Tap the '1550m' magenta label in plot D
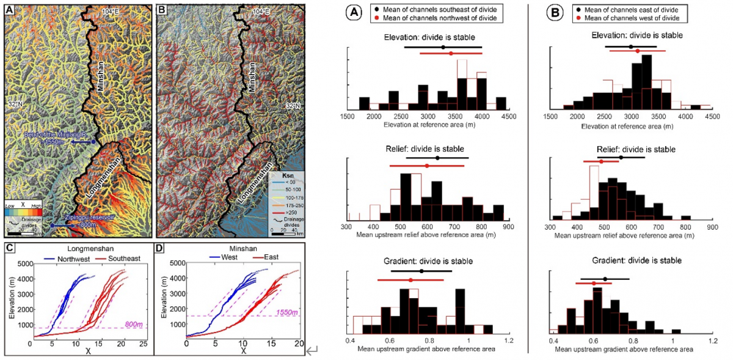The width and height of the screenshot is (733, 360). tap(286, 312)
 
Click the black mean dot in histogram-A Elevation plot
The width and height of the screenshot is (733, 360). tap(443, 47)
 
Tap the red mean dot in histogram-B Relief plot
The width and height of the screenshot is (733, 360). tap(601, 162)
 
